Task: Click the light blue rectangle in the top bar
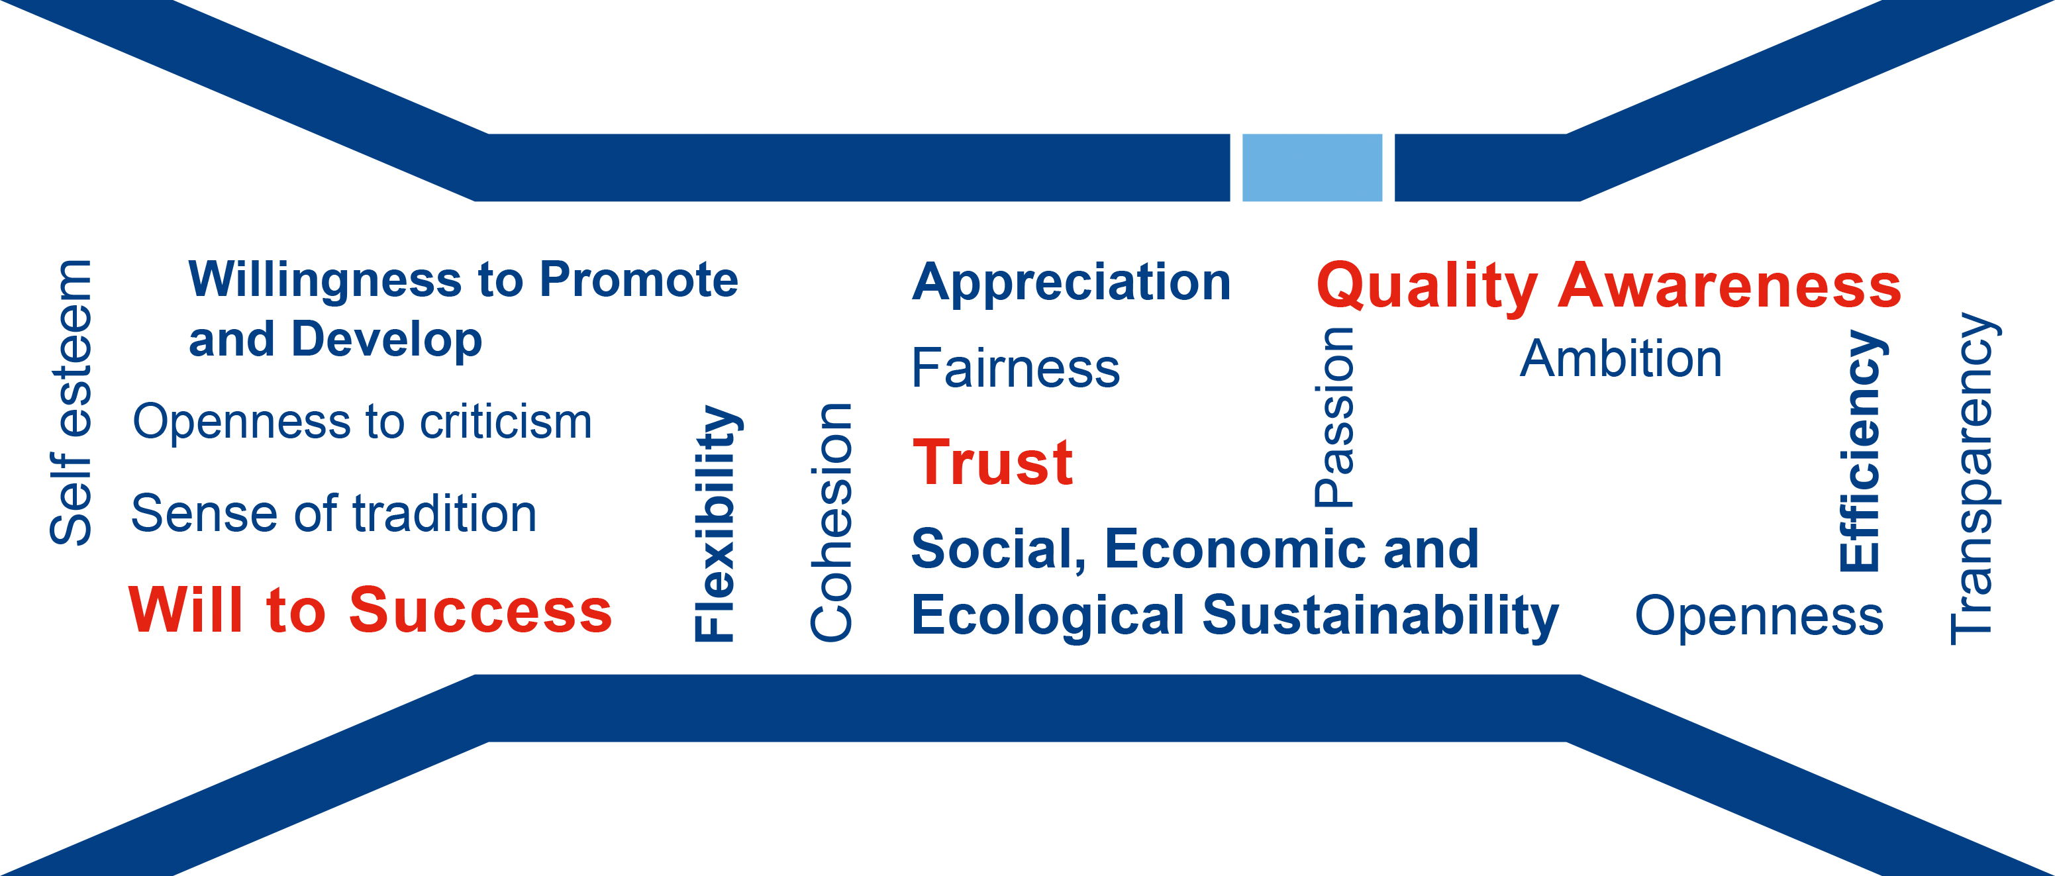click(x=1313, y=168)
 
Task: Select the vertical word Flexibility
click(x=717, y=523)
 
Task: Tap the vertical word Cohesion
click(x=830, y=522)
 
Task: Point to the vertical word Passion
click(x=1334, y=416)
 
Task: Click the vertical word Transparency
click(x=1974, y=478)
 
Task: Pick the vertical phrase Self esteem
click(x=70, y=402)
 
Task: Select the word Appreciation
click(x=1072, y=283)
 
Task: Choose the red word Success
click(x=480, y=610)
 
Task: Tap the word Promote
click(x=638, y=279)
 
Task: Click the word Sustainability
click(x=1380, y=616)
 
